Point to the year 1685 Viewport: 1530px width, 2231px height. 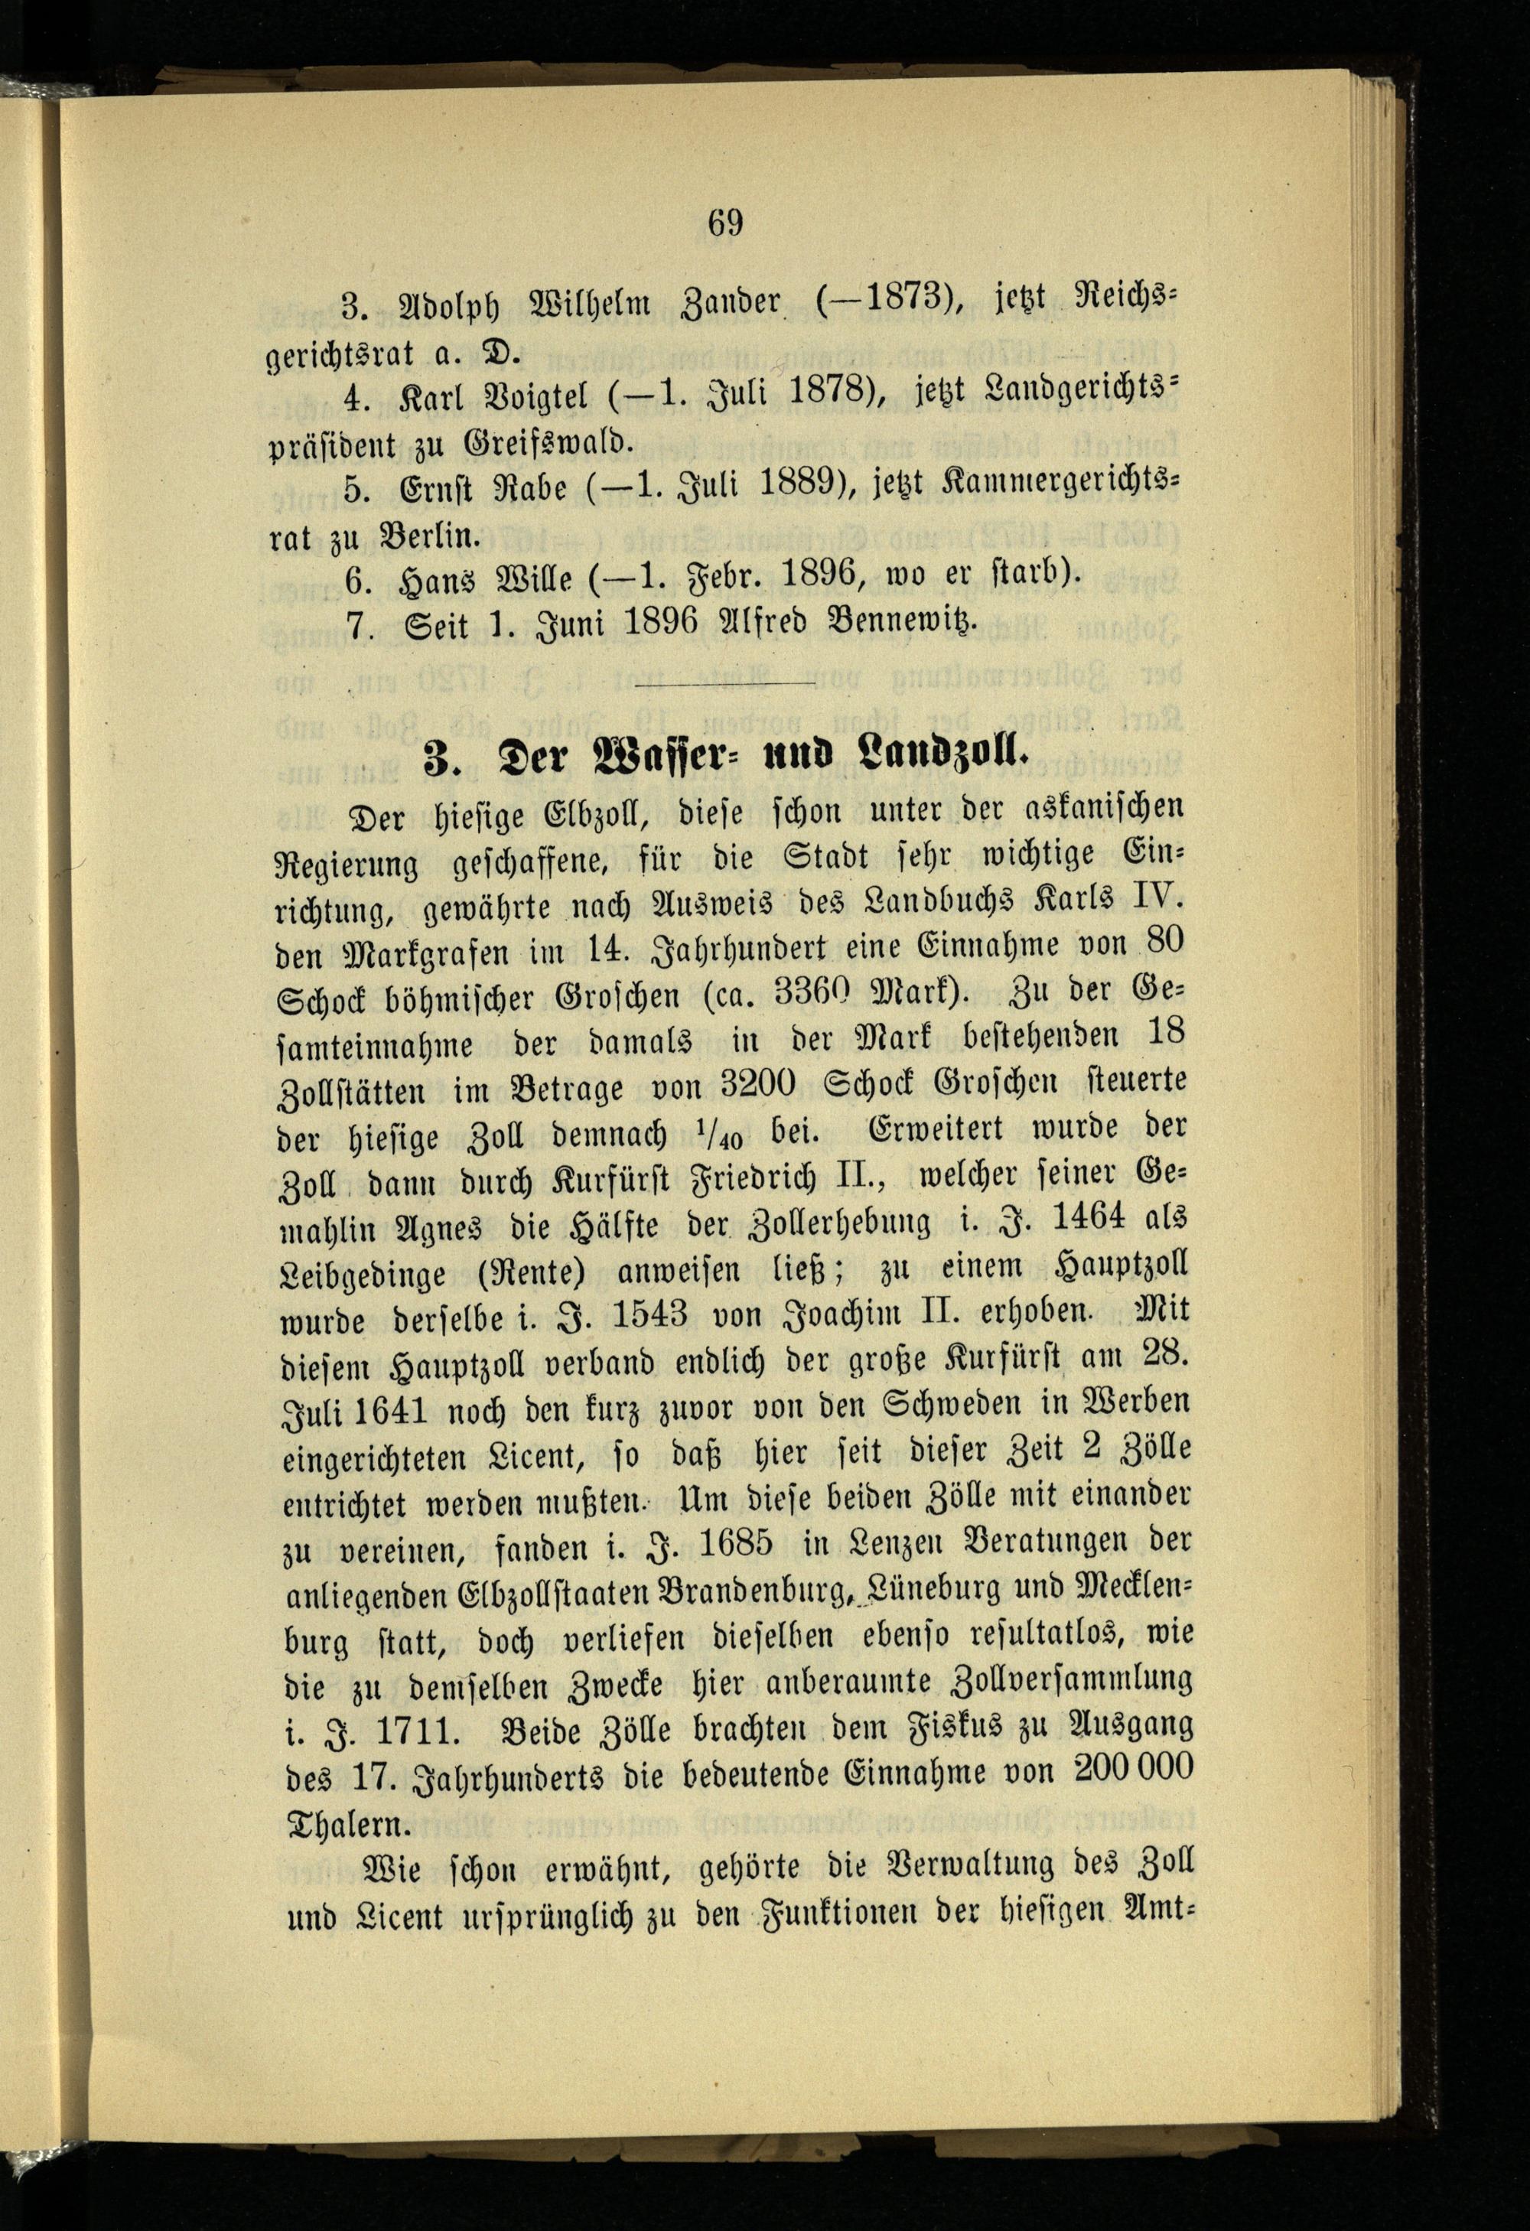click(x=735, y=1544)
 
